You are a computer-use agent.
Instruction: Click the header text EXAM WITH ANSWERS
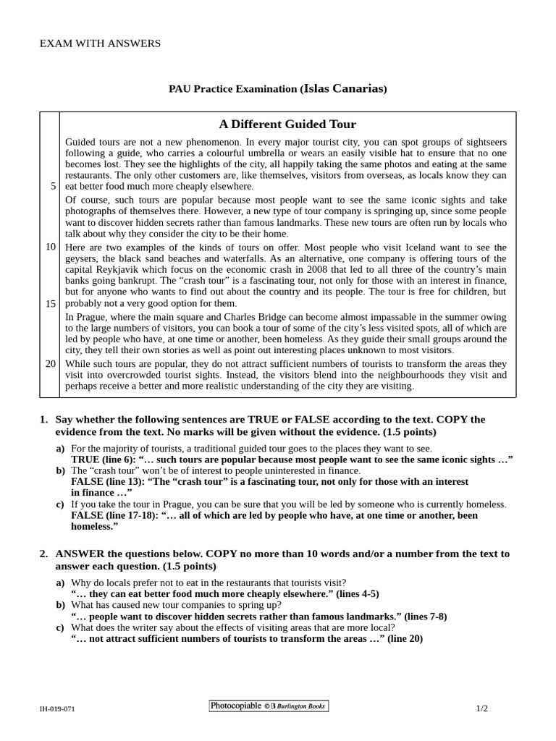[100, 43]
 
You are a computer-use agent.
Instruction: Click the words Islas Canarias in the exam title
[344, 89]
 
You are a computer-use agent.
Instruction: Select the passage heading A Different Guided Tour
[287, 124]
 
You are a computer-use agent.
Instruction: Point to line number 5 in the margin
[53, 186]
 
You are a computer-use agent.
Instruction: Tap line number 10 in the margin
[51, 247]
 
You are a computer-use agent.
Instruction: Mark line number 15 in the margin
[51, 303]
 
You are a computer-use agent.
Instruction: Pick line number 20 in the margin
[51, 363]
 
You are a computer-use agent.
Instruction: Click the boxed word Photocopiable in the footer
[236, 706]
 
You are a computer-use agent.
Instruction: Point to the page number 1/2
[482, 708]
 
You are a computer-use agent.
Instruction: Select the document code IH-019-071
[57, 709]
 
